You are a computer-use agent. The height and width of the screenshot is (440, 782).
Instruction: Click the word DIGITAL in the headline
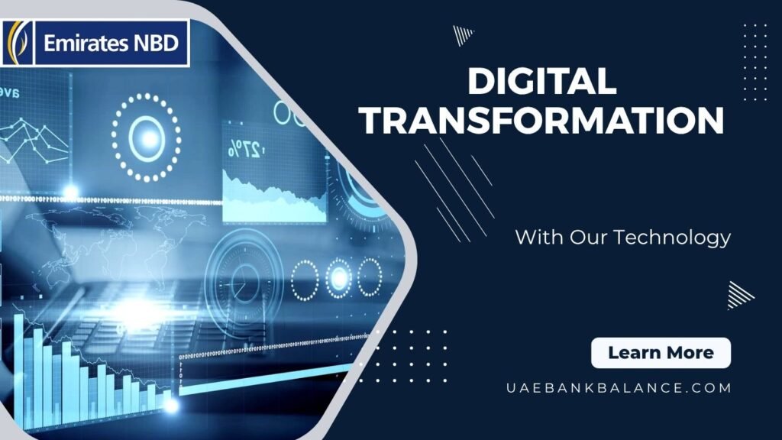click(x=542, y=81)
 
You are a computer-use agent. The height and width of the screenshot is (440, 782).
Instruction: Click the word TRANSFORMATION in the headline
click(x=542, y=120)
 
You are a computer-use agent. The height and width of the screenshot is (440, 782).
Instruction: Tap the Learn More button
click(x=661, y=353)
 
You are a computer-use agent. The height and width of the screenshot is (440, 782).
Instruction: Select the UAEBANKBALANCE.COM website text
click(x=619, y=387)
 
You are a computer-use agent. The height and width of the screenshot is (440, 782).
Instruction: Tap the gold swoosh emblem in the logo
click(x=18, y=43)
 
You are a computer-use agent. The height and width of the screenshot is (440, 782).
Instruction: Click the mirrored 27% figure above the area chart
click(x=245, y=148)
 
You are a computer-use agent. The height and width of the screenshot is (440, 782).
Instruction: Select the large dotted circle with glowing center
click(x=146, y=137)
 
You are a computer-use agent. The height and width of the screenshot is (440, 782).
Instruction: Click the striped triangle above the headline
click(x=463, y=35)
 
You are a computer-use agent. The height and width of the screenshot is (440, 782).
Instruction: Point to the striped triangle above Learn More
click(x=740, y=296)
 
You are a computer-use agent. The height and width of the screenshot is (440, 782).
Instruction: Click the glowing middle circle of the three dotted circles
click(x=338, y=278)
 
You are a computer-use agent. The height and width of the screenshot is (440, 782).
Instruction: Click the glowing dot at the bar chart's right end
click(x=171, y=405)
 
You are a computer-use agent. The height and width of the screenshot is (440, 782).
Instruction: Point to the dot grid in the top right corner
click(x=755, y=62)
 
